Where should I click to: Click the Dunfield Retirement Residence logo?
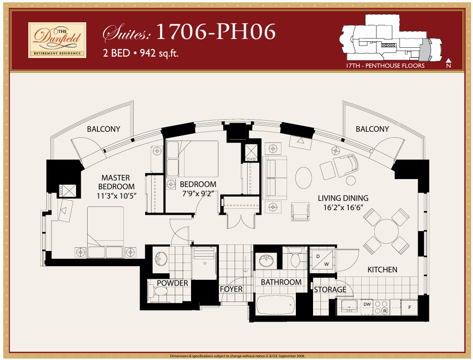(x=57, y=40)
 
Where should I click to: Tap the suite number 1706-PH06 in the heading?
(x=216, y=32)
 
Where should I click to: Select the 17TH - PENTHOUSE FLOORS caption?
(x=385, y=66)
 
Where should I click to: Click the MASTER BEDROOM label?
(x=115, y=182)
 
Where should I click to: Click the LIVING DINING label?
(x=343, y=198)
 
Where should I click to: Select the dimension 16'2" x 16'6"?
(x=343, y=208)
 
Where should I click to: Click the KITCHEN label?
(x=382, y=270)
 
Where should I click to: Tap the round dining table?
(x=386, y=231)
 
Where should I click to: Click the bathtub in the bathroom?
(x=275, y=305)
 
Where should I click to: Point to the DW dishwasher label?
(x=367, y=304)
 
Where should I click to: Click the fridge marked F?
(x=409, y=307)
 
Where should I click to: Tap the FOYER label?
(x=231, y=289)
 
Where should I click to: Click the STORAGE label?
(x=330, y=289)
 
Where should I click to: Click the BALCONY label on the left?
(x=103, y=129)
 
